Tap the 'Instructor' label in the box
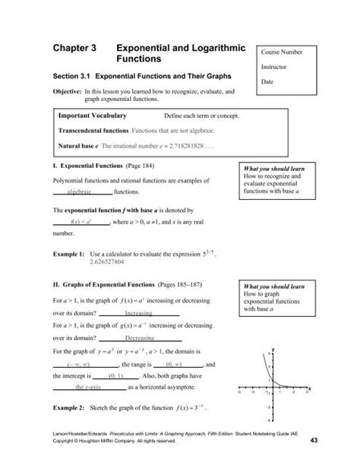tap(275, 68)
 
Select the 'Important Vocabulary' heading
tap(93, 116)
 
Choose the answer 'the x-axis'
tap(88, 386)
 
